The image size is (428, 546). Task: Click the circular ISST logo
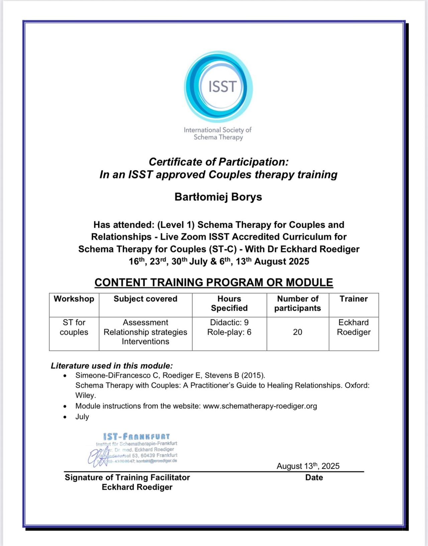(218, 87)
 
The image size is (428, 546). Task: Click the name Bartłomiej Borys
(218, 197)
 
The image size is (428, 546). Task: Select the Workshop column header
(74, 299)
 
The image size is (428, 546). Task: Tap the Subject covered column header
(145, 299)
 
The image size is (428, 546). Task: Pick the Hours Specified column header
(229, 304)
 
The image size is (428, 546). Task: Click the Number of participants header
(298, 304)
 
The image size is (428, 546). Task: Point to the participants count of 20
(298, 332)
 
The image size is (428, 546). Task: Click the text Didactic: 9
(229, 323)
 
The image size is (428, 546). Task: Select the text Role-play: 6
(229, 332)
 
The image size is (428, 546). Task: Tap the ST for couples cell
(74, 327)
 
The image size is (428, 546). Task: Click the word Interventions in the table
(145, 342)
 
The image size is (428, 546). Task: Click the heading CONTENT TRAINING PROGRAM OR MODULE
(214, 283)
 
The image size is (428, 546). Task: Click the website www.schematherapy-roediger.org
(260, 406)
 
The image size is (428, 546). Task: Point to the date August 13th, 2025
(308, 466)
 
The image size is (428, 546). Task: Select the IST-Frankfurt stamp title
(136, 437)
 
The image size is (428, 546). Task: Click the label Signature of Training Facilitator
(127, 477)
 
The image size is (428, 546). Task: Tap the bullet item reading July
(82, 417)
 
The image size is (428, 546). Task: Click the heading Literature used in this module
(112, 366)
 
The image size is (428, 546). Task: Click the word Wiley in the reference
(85, 396)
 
